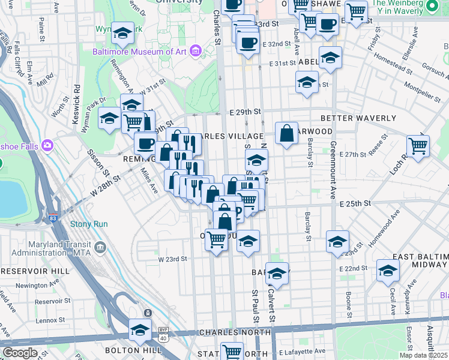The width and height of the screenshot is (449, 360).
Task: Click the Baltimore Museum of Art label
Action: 139,52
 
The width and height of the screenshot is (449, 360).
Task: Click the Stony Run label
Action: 89,224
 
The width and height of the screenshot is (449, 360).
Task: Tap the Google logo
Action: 20,353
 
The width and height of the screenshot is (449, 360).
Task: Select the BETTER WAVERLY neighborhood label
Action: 358,118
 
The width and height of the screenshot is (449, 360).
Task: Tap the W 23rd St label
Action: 173,259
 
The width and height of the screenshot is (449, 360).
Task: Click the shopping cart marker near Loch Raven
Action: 418,145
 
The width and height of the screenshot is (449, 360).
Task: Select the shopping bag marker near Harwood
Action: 287,133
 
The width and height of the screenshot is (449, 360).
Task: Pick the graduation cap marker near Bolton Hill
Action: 140,329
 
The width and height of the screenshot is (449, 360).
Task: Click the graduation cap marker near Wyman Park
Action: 122,34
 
